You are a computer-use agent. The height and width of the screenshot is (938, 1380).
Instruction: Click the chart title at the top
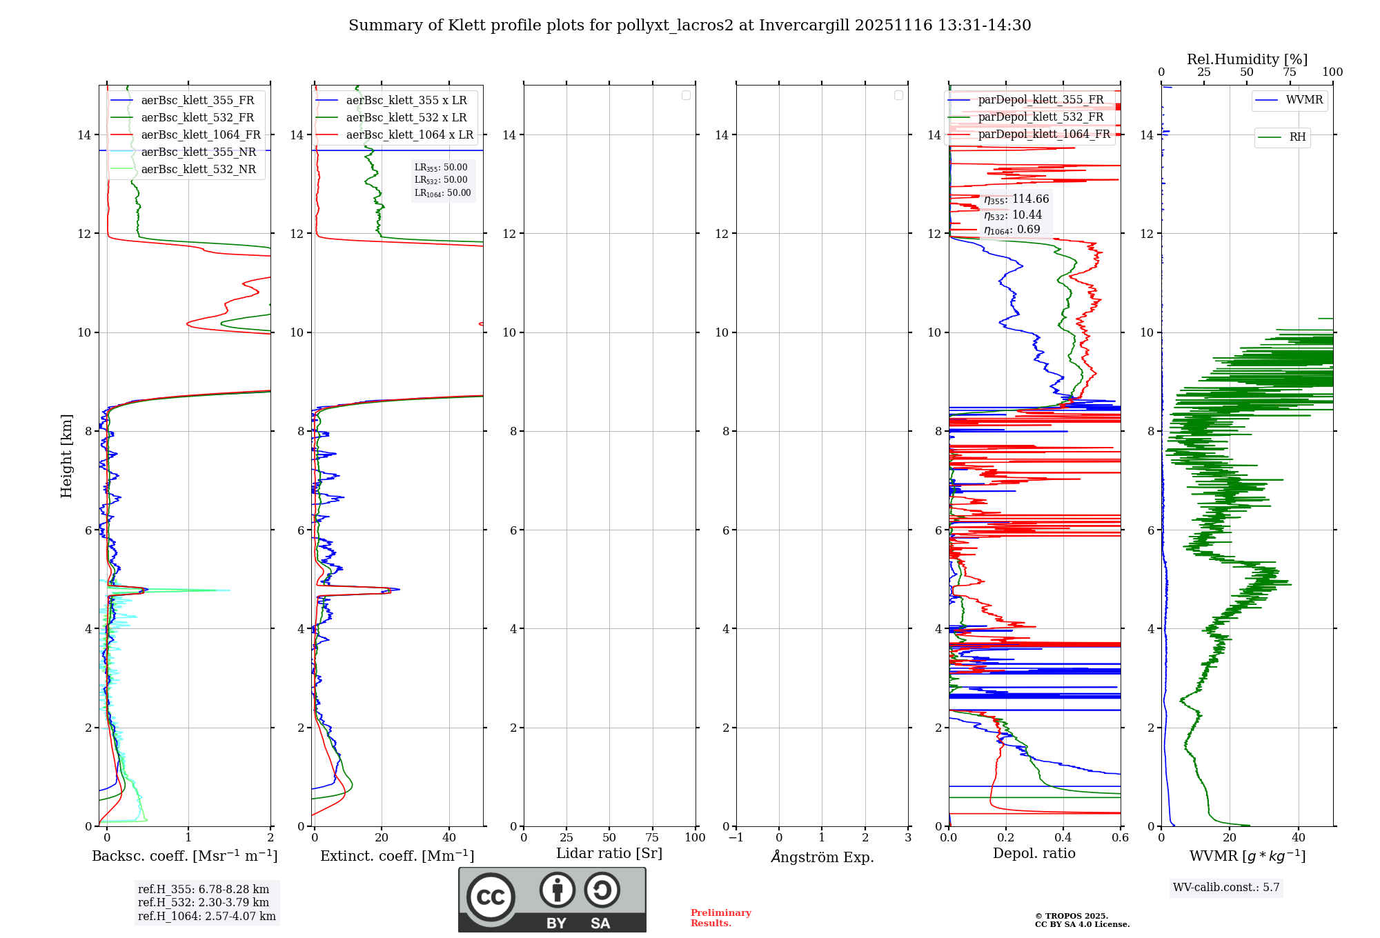[x=689, y=26]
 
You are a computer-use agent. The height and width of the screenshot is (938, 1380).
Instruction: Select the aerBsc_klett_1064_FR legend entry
[x=200, y=135]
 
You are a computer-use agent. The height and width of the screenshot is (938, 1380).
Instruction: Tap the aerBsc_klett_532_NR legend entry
[x=198, y=170]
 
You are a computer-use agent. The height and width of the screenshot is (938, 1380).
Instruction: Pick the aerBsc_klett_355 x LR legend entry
[x=406, y=101]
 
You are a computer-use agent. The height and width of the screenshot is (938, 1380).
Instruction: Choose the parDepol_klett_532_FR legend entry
[x=1041, y=117]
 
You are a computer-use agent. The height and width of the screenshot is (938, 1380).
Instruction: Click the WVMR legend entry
[x=1303, y=100]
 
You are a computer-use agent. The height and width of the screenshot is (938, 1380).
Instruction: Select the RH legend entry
[x=1297, y=137]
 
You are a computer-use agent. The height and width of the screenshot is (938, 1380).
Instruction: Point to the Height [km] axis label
[x=66, y=456]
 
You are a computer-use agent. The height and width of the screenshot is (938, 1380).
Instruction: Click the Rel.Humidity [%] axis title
[x=1247, y=59]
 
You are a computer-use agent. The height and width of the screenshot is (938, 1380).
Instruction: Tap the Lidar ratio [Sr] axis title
[x=609, y=854]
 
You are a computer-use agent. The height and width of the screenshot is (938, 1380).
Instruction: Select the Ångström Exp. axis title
[x=822, y=857]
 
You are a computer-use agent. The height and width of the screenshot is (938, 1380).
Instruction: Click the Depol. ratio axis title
[x=1034, y=854]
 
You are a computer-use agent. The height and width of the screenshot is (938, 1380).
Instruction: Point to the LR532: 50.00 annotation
[x=441, y=180]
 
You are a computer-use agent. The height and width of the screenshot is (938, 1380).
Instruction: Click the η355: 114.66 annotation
[x=1016, y=199]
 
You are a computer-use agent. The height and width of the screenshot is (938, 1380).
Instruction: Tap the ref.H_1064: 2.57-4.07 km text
[x=206, y=916]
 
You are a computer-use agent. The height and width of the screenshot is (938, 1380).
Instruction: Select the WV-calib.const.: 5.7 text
[x=1226, y=888]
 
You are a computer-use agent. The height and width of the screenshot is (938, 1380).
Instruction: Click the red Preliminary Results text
[x=720, y=918]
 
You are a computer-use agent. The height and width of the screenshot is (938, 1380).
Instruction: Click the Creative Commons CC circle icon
[x=491, y=897]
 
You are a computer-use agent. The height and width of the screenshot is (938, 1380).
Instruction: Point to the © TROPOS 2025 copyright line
[x=1071, y=916]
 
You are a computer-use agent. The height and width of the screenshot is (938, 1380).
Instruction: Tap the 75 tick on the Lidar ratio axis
[x=652, y=838]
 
